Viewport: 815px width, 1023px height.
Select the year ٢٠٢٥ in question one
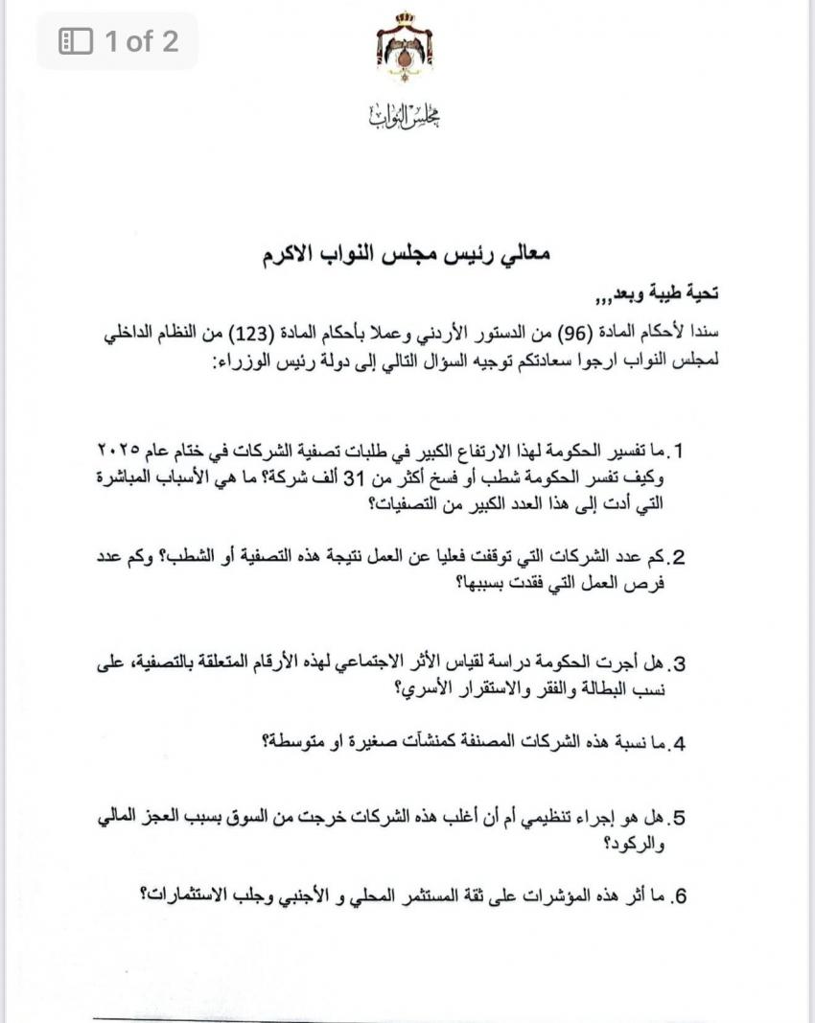[x=120, y=450]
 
